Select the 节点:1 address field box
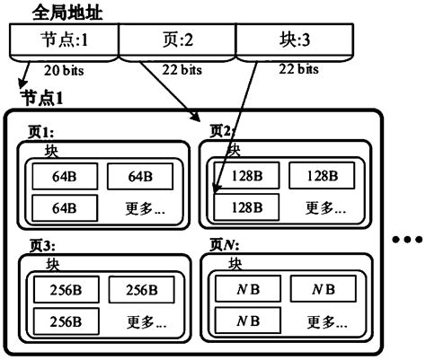64,41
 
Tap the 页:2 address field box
177,41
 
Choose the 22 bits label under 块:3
296,69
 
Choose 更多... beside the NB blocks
325,320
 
